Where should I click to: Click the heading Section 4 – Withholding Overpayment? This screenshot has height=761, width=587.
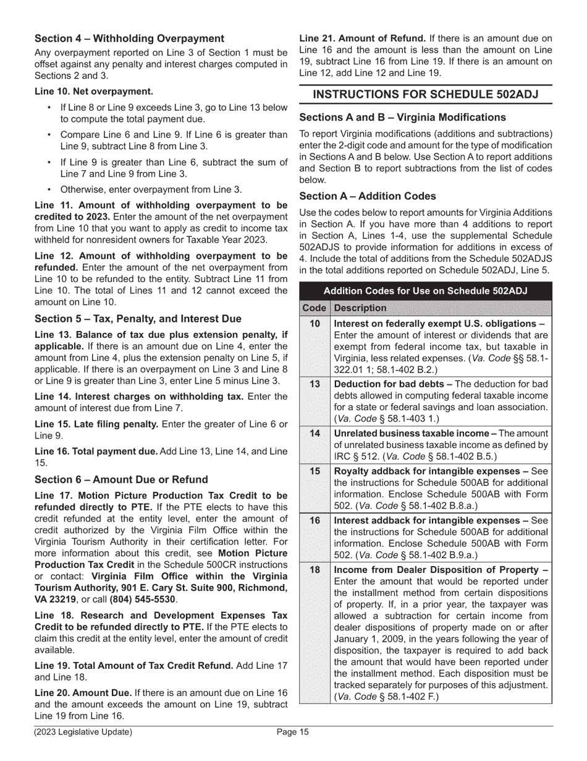tap(129, 38)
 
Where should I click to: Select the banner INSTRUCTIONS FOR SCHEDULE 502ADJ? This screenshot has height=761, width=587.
tap(426, 94)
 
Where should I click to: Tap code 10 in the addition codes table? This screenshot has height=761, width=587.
tap(315, 324)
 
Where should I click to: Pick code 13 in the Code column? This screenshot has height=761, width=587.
tap(315, 384)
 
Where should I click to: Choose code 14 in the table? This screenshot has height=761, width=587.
tap(315, 433)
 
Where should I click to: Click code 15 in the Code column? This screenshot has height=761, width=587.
tap(315, 471)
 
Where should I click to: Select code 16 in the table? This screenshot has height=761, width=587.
tap(315, 520)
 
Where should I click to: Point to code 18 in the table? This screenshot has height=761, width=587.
tap(315, 570)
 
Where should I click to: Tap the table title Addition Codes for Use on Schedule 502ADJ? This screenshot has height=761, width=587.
tap(426, 291)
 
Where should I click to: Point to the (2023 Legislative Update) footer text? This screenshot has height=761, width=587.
tap(83, 733)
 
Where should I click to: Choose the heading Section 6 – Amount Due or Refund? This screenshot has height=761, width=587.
tap(121, 479)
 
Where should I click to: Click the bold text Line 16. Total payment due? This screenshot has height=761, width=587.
tap(96, 452)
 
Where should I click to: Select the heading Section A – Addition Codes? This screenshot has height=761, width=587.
tap(368, 196)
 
